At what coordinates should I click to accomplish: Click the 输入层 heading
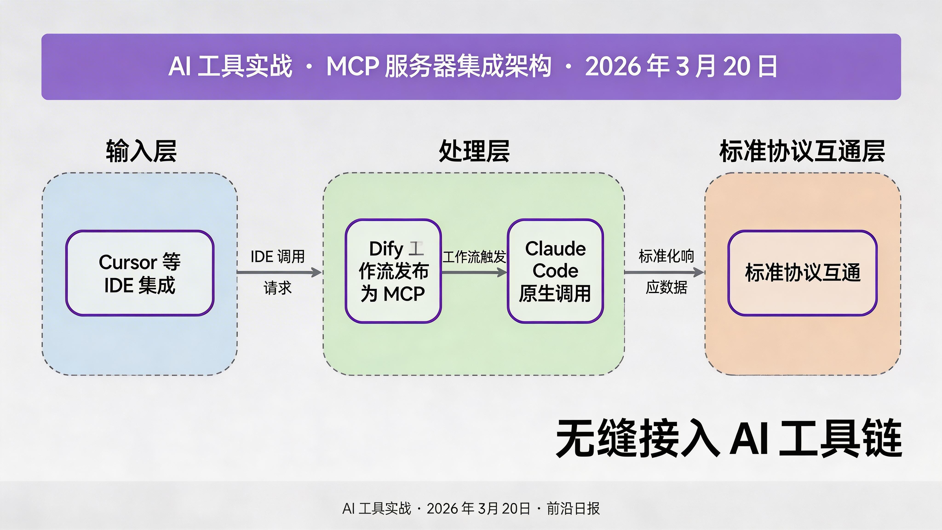click(141, 151)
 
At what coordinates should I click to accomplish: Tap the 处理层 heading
click(474, 151)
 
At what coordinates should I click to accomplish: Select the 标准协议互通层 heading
click(802, 151)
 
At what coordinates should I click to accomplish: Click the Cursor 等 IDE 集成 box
click(140, 273)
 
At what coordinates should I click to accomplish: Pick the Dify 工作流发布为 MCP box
click(393, 271)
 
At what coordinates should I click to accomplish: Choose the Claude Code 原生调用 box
click(555, 271)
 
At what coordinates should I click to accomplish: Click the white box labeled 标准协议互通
click(802, 273)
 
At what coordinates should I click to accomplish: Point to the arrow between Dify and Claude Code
click(474, 272)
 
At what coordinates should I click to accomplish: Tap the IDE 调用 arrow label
click(278, 257)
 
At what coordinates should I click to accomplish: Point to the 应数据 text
click(666, 288)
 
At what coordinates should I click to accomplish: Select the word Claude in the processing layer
click(555, 249)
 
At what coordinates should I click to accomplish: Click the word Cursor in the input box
click(128, 262)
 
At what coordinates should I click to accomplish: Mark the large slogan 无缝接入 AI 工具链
click(728, 438)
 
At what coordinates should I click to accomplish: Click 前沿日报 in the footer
click(573, 508)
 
